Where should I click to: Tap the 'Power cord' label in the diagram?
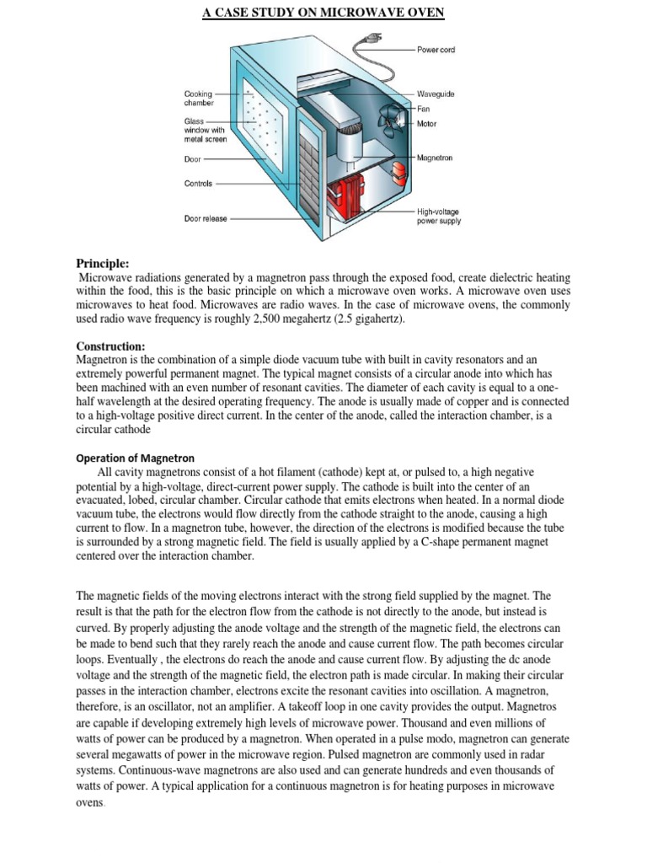point(436,51)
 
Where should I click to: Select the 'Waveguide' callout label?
point(436,94)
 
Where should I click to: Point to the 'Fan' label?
point(424,109)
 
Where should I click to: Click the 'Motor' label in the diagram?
point(427,124)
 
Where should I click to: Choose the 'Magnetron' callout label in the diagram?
point(435,158)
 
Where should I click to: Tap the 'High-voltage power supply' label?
point(439,217)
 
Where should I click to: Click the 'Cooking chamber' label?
point(199,99)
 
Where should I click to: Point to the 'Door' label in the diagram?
point(193,158)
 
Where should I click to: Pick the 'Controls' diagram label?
point(198,183)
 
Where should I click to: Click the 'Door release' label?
point(206,218)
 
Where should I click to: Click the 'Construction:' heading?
point(111,346)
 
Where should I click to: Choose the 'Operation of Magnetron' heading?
point(136,458)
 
